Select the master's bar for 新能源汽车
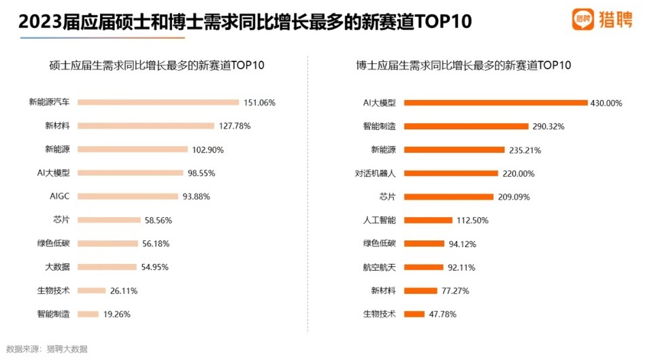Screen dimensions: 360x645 coord(159,102)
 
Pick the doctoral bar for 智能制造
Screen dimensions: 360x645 coord(466,126)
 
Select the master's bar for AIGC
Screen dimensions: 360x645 coord(128,197)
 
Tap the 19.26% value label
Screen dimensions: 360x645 coord(116,314)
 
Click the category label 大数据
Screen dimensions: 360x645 coord(58,267)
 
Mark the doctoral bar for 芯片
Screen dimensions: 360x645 coord(448,197)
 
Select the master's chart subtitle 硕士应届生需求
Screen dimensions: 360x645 coord(156,66)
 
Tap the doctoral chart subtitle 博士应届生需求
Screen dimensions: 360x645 coord(463,66)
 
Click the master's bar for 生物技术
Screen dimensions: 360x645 coord(91,291)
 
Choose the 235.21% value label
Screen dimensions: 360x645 coord(526,150)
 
